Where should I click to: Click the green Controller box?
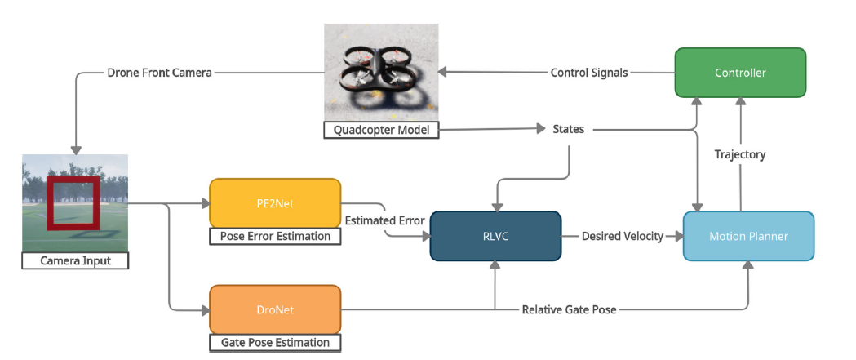[740, 73]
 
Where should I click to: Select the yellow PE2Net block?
[274, 203]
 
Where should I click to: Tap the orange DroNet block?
[274, 309]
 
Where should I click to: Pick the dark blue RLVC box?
[495, 236]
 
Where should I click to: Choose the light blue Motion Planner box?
[748, 236]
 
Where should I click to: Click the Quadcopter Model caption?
[381, 130]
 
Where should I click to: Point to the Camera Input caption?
[74, 261]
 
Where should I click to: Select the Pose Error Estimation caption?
[275, 237]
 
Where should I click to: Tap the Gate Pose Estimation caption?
[275, 343]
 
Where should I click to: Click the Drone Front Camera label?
[160, 73]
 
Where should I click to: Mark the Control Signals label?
[589, 73]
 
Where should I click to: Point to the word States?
[569, 129]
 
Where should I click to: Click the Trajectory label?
[740, 154]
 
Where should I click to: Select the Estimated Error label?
[384, 220]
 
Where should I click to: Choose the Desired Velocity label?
[622, 236]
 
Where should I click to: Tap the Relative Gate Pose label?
[569, 310]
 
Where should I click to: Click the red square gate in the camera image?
[73, 202]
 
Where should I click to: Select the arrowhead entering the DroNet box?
[205, 309]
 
